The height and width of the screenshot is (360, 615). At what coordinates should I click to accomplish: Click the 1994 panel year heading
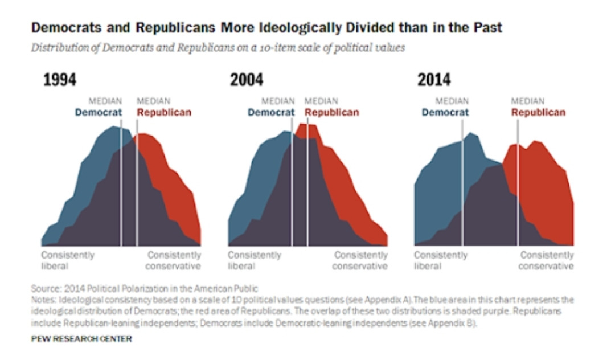pyautogui.click(x=60, y=80)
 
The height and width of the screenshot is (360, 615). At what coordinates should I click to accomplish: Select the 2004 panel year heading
pyautogui.click(x=247, y=80)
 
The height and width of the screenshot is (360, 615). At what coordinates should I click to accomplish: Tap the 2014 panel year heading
pyautogui.click(x=434, y=80)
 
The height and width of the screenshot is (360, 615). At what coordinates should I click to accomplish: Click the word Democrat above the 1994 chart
pyautogui.click(x=99, y=113)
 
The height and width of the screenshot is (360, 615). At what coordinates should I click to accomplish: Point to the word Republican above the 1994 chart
pyautogui.click(x=164, y=113)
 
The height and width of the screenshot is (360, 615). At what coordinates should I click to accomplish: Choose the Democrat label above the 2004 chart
pyautogui.click(x=271, y=113)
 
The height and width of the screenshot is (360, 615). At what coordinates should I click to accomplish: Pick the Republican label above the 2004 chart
pyautogui.click(x=332, y=113)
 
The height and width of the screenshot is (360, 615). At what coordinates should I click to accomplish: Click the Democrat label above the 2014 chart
pyautogui.click(x=445, y=113)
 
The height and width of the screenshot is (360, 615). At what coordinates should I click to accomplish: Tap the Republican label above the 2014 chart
pyautogui.click(x=539, y=113)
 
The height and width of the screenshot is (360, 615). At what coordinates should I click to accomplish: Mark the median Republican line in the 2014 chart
pyautogui.click(x=518, y=183)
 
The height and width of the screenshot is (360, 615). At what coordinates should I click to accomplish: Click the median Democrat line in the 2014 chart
pyautogui.click(x=462, y=183)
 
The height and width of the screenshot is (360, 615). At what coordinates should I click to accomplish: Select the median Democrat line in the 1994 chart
pyautogui.click(x=121, y=183)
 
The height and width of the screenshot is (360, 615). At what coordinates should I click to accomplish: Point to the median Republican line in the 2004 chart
pyautogui.click(x=307, y=183)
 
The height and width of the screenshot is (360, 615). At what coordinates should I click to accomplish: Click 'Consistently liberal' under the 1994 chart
pyautogui.click(x=68, y=261)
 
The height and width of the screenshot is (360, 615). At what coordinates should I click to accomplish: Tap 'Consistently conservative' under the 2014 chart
pyautogui.click(x=546, y=261)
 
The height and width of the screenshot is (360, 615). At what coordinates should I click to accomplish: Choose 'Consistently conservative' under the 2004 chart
pyautogui.click(x=360, y=261)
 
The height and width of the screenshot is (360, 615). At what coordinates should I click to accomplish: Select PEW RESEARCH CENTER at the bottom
pyautogui.click(x=81, y=339)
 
